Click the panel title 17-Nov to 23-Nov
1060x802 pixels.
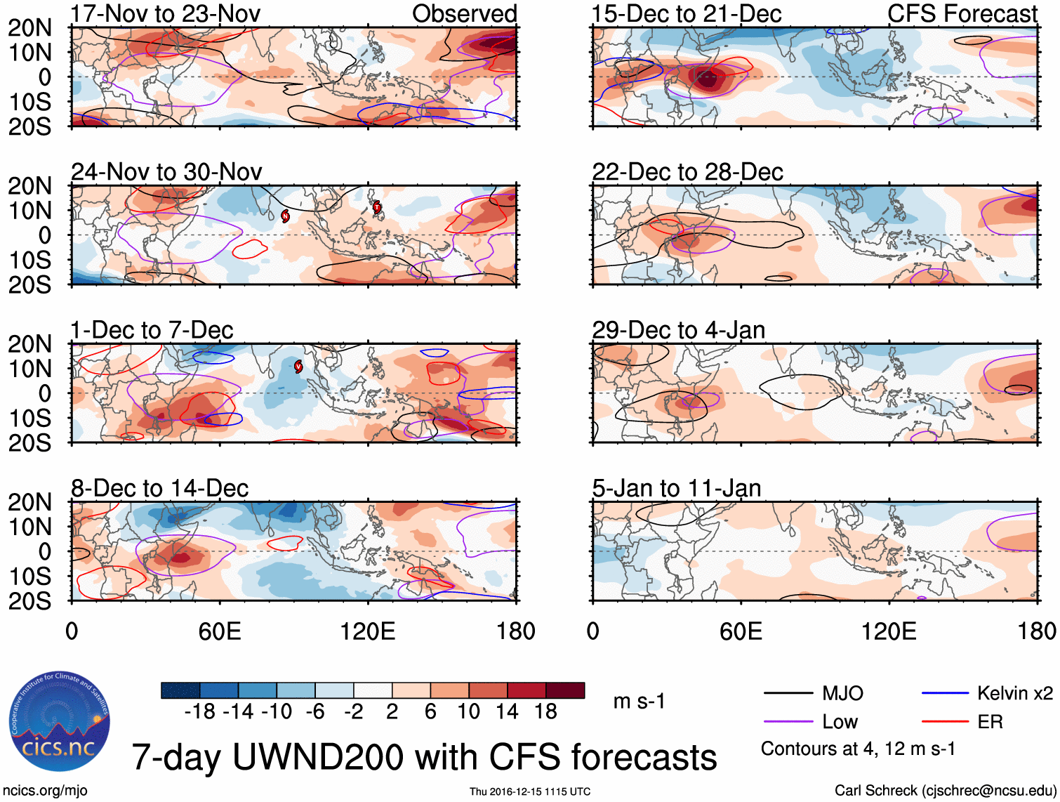166,13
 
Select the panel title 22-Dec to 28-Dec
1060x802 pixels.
687,172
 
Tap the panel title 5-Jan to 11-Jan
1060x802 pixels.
677,488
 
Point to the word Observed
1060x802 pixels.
464,13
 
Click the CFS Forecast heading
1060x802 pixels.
962,13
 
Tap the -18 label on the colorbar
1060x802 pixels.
199,712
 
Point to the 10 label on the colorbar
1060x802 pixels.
468,712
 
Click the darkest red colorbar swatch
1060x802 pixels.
565,690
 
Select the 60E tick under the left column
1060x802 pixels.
220,631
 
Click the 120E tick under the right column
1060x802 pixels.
889,631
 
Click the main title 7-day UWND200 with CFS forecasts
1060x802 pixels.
424,758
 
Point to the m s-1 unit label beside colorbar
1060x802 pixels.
639,702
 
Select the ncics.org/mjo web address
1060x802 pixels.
45,791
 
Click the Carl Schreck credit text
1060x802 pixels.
945,791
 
